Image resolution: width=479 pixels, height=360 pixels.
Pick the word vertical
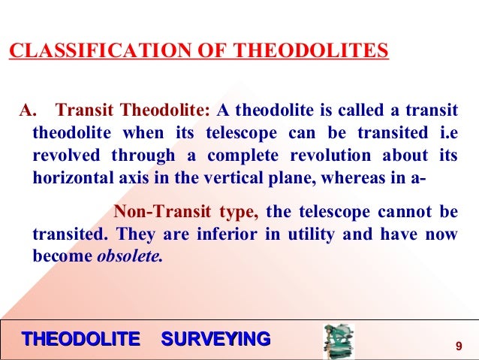pos(264,177)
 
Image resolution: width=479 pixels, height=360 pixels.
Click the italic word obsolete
pos(129,256)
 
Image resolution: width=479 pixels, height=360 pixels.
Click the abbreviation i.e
pos(445,134)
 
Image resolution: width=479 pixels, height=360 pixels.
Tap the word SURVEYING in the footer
pos(215,339)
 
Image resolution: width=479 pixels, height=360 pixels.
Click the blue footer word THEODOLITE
pos(81,339)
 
